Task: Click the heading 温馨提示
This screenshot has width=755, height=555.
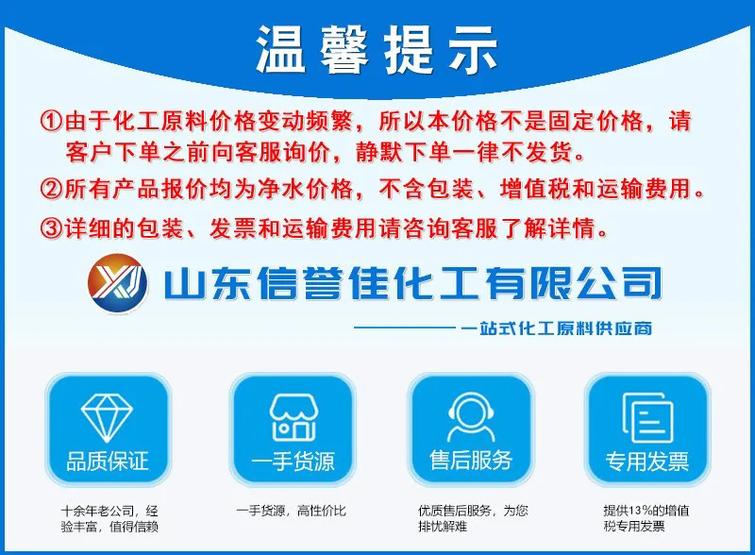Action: [377, 50]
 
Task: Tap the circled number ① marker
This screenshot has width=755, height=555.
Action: [51, 123]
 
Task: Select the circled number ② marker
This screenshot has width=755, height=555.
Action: [51, 189]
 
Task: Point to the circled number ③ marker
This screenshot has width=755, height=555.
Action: [51, 228]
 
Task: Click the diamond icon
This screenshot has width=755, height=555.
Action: [108, 415]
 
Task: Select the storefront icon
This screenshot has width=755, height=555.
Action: [293, 415]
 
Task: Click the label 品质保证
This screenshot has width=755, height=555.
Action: [108, 462]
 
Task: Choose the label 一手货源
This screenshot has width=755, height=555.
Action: [293, 462]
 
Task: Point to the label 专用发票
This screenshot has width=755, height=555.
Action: [646, 462]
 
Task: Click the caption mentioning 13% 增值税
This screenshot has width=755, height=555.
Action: [646, 519]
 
